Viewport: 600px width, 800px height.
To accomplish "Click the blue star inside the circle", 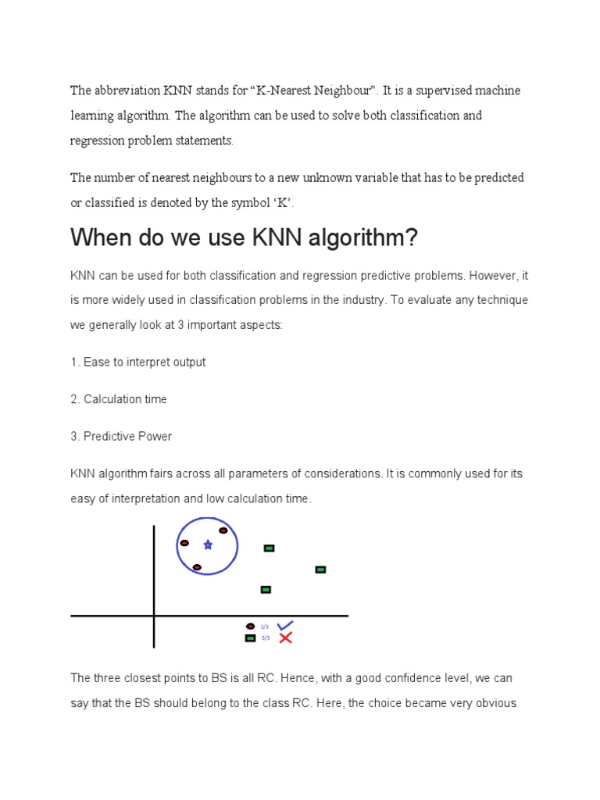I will pyautogui.click(x=208, y=545).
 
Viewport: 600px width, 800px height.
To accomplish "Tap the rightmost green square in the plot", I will pyautogui.click(x=320, y=570).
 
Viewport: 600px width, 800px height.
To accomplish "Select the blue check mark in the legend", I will pyautogui.click(x=285, y=625).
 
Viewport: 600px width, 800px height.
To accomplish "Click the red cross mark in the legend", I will pyautogui.click(x=285, y=638).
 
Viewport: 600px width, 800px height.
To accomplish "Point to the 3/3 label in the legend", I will pyautogui.click(x=265, y=627).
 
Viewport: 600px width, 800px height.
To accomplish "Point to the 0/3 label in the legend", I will pyautogui.click(x=265, y=638).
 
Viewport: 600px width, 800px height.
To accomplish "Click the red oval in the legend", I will pyautogui.click(x=250, y=626).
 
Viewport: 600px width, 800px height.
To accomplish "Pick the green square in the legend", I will pyautogui.click(x=250, y=638).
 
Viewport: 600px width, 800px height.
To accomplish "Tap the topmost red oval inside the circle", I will pyautogui.click(x=223, y=530).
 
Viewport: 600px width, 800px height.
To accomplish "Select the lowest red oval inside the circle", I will pyautogui.click(x=197, y=567).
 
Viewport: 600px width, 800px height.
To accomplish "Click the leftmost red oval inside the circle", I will pyautogui.click(x=184, y=543).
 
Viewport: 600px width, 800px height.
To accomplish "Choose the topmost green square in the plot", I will pyautogui.click(x=269, y=548).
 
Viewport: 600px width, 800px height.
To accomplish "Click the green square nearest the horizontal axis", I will pyautogui.click(x=266, y=589).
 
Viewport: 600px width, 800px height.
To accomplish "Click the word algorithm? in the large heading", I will pyautogui.click(x=362, y=238).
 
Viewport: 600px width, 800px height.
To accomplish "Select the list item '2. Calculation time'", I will pyautogui.click(x=118, y=399).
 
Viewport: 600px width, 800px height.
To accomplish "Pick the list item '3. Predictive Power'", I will pyautogui.click(x=121, y=437).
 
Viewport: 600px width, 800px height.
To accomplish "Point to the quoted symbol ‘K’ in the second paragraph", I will pyautogui.click(x=282, y=203).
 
